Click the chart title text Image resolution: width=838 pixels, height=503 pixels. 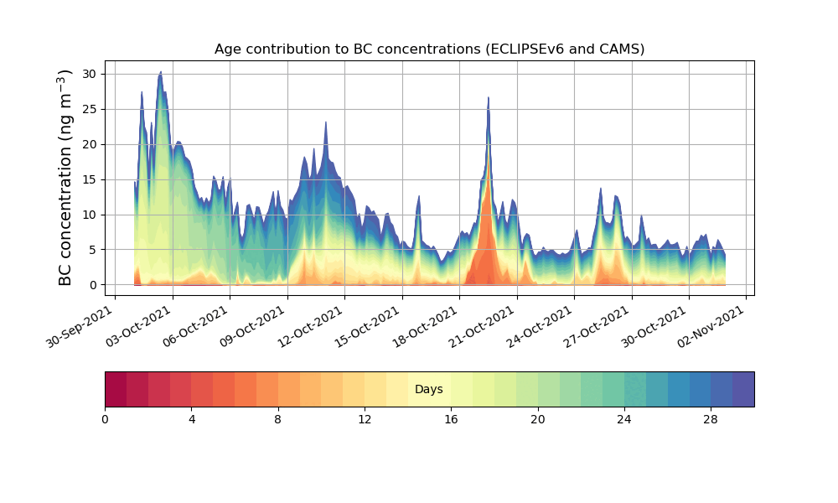[429, 49]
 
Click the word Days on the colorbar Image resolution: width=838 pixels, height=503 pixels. [429, 390]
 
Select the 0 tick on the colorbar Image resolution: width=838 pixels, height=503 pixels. [106, 418]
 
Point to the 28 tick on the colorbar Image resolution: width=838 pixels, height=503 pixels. [711, 418]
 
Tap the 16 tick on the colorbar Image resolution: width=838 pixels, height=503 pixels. [451, 418]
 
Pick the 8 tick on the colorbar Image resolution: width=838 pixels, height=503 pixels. [278, 418]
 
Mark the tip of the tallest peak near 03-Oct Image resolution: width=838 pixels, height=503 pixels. [161, 74]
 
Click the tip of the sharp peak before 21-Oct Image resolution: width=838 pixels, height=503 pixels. [489, 97]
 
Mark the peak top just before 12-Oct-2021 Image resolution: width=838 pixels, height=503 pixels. [326, 122]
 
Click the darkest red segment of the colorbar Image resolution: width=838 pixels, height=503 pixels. [116, 389]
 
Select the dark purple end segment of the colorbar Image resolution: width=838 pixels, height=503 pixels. [743, 389]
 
